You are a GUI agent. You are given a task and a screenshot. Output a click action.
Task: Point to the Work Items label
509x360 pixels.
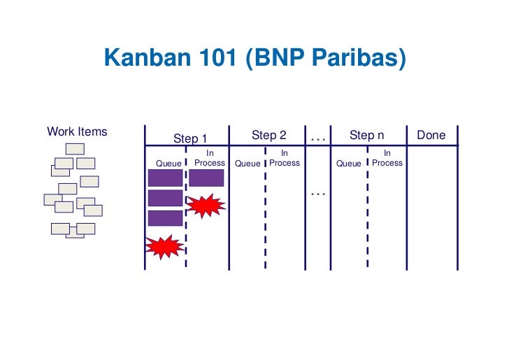tap(77, 131)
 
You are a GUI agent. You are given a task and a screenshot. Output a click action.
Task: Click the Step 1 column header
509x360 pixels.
tap(190, 138)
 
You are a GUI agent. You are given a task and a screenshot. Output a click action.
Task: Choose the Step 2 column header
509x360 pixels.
tap(269, 135)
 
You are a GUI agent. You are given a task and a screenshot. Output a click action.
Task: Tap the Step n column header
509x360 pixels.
tap(367, 135)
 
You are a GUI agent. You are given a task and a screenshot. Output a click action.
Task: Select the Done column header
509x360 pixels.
tap(431, 135)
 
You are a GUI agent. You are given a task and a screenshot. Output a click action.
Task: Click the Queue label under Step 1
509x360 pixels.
tap(168, 164)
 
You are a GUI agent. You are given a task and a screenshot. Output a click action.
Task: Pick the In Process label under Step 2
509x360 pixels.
tap(285, 158)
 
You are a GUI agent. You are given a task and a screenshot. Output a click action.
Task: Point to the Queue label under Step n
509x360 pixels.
tap(348, 164)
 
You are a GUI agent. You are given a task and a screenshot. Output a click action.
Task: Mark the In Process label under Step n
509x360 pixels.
tap(387, 158)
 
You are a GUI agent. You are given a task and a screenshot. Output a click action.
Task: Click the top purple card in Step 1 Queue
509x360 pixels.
tap(165, 178)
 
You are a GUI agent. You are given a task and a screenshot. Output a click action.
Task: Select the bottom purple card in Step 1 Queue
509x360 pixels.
tap(165, 217)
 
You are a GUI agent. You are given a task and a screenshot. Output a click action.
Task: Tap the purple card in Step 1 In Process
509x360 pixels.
tap(206, 178)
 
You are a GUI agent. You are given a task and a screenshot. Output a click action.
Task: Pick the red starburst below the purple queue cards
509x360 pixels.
tap(164, 245)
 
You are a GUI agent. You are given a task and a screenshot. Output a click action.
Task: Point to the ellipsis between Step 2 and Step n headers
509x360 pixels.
tap(318, 138)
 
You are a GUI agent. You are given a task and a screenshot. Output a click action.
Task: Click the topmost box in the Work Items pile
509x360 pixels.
tap(75, 148)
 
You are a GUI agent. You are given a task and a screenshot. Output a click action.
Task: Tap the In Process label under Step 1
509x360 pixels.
tap(210, 158)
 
